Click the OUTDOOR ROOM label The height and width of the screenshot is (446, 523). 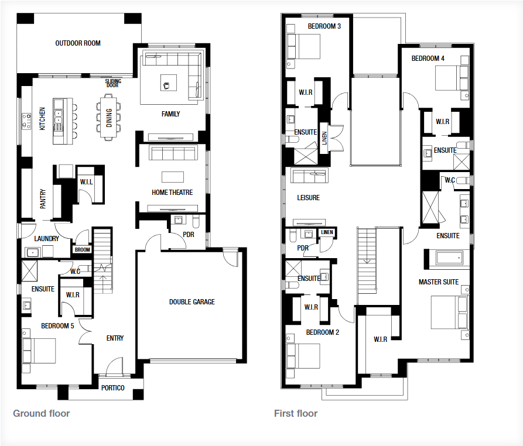[78, 43]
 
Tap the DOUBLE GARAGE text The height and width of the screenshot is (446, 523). [192, 302]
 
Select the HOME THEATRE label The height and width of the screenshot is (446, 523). [172, 193]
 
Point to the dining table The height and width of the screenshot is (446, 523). [109, 118]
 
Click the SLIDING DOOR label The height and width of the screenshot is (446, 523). [113, 83]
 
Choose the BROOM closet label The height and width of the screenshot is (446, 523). [83, 250]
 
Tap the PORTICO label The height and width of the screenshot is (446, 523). [112, 388]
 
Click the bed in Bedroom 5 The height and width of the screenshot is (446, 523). [39, 351]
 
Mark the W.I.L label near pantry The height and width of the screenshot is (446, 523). [87, 182]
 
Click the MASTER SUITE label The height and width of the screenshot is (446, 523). [439, 282]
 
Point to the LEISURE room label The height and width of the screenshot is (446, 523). [308, 198]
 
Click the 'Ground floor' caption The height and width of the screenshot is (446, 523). [42, 413]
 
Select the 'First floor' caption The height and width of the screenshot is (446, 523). [296, 413]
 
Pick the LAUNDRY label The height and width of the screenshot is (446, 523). [46, 239]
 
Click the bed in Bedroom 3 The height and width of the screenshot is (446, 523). [303, 46]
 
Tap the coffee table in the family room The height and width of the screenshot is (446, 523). [169, 83]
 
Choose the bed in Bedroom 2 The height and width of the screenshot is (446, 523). [303, 356]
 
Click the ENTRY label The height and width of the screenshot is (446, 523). [115, 338]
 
